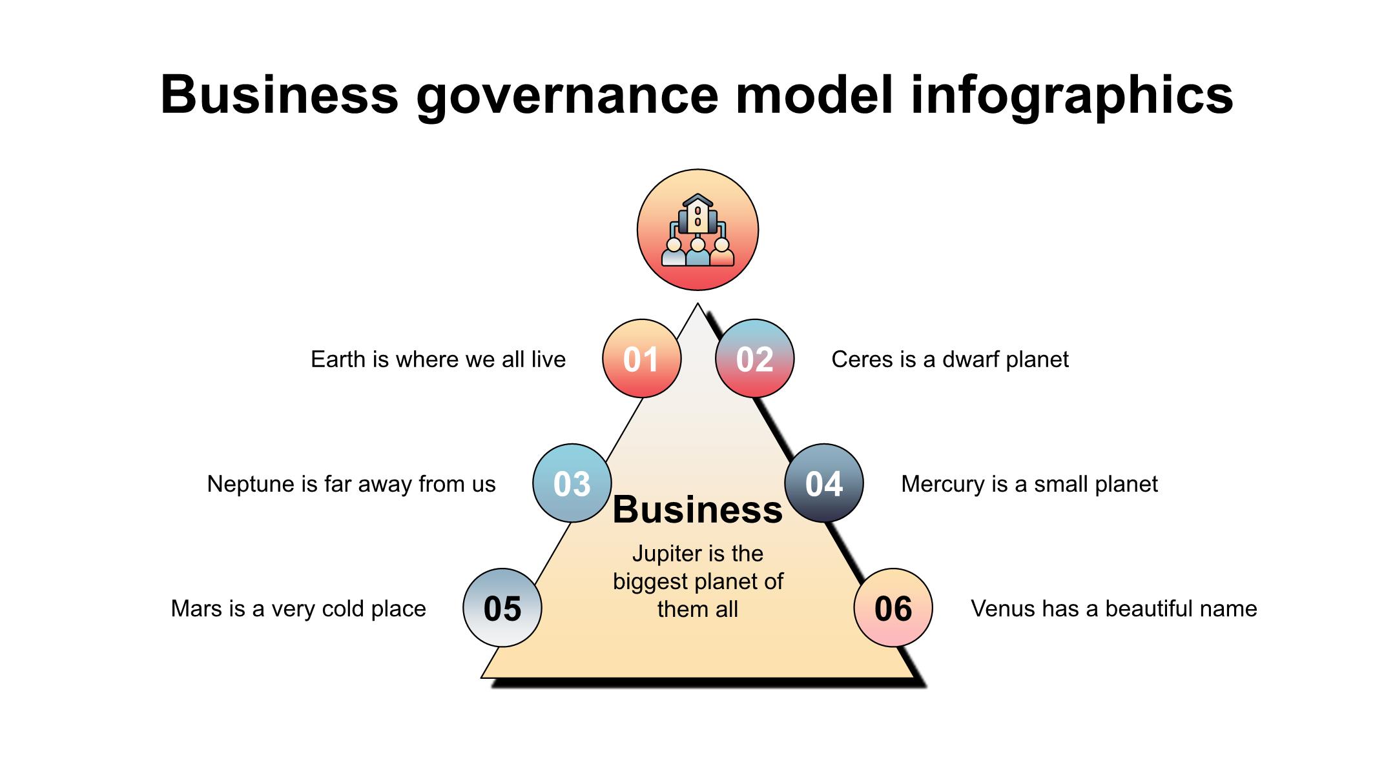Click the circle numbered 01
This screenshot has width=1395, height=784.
641,358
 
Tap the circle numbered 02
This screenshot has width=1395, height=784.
754,358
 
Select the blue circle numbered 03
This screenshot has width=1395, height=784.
572,483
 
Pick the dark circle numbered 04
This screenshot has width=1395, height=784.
824,483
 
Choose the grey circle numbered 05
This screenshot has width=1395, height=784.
502,608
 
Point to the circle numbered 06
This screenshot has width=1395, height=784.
893,608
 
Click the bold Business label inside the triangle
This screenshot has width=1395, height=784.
697,510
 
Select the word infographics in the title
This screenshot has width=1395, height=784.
1072,95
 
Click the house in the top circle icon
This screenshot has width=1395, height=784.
697,214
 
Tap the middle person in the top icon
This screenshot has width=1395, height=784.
697,252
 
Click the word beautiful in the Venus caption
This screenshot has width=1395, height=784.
1128,608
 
